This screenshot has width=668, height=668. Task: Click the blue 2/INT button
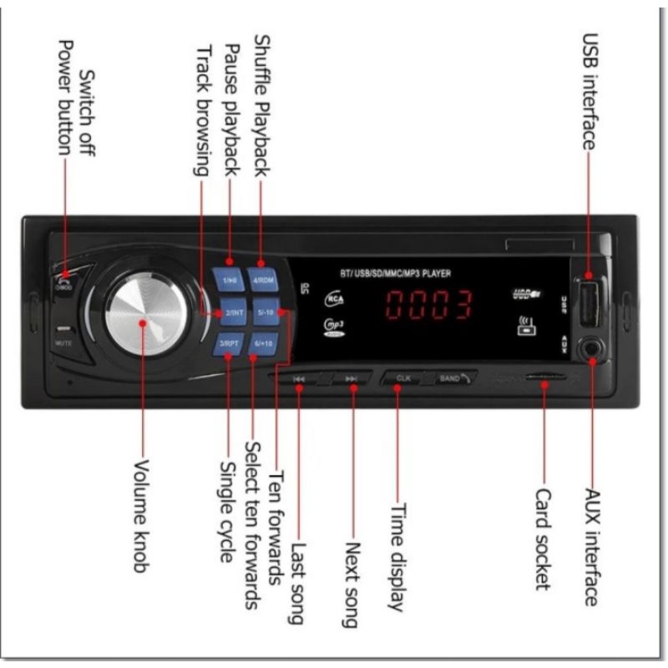pyautogui.click(x=230, y=313)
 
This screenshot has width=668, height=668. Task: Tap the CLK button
pyautogui.click(x=402, y=378)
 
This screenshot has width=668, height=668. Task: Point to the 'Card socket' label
pyautogui.click(x=543, y=539)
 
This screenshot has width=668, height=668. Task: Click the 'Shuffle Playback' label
pyautogui.click(x=261, y=105)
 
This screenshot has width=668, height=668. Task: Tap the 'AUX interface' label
pyautogui.click(x=592, y=546)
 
